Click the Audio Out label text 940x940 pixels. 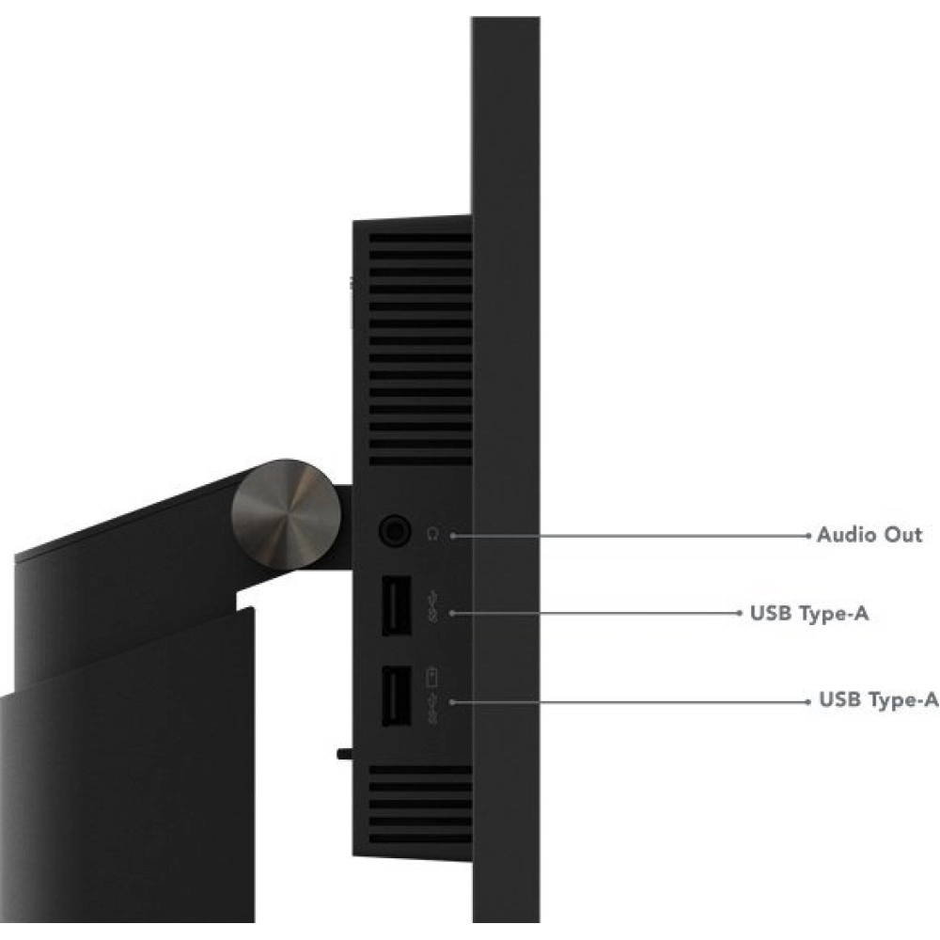coord(869,534)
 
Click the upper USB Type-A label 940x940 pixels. coord(809,613)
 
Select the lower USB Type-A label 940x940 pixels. coord(878,699)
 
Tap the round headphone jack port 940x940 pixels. coord(395,530)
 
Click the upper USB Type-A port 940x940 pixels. coord(397,604)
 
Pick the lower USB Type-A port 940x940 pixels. coord(397,696)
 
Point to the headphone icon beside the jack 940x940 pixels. coord(432,533)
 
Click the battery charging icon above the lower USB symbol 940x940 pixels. coord(431,677)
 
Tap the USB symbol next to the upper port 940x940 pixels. coord(432,606)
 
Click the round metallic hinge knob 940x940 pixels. coord(286,514)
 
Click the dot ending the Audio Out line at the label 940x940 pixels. coord(808,536)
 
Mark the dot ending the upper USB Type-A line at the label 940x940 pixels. coord(739,613)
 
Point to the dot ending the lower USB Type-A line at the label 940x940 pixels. coord(808,701)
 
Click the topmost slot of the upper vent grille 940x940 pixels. coord(420,238)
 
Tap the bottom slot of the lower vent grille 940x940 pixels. coord(420,838)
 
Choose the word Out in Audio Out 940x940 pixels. coord(902,534)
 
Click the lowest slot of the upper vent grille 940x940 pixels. coord(420,462)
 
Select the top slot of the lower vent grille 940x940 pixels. coord(420,770)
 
